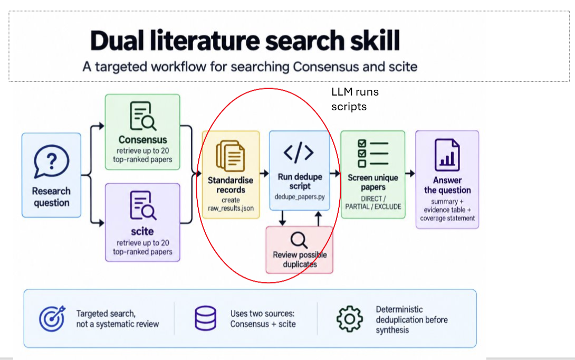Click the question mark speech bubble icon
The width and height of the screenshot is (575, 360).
point(51,162)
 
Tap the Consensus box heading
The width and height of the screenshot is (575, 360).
point(142,140)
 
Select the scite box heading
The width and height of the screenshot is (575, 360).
point(142,231)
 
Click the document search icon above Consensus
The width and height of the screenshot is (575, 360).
point(142,116)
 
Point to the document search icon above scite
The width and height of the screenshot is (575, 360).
point(142,205)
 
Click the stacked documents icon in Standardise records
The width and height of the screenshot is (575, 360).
point(231,156)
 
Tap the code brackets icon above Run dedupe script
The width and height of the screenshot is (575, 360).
point(299,153)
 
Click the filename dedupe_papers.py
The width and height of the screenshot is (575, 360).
point(300,197)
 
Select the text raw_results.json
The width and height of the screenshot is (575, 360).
point(231,208)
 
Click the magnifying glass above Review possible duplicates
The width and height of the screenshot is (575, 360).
point(299,240)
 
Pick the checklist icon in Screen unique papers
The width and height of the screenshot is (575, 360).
point(372,153)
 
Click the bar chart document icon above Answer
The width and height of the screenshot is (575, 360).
point(447,155)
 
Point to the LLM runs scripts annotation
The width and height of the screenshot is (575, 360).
point(355,99)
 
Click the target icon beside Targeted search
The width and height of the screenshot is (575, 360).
point(52,318)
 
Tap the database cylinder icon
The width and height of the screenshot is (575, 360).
point(205,318)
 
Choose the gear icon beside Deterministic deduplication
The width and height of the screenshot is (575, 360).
point(349,319)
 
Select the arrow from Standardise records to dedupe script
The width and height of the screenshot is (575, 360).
point(264,174)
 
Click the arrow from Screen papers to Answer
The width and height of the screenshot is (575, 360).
point(410,173)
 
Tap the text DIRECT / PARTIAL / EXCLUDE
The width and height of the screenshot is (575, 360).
point(373,203)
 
